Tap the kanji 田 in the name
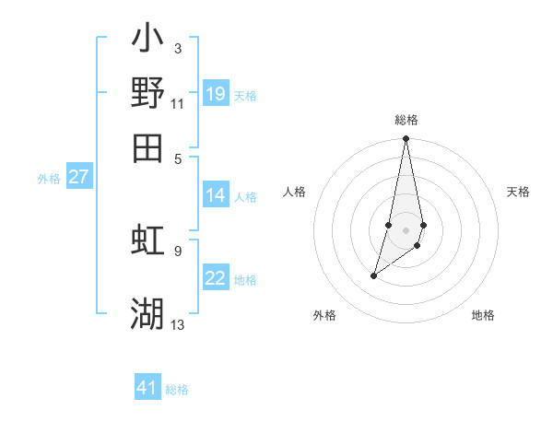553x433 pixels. coord(147,147)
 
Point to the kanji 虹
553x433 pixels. coord(147,240)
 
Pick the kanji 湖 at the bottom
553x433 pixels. coord(147,313)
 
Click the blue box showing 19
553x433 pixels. coord(216,94)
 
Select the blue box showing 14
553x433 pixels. coord(216,195)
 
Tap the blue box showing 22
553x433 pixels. coord(216,278)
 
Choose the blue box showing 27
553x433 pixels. coord(79,177)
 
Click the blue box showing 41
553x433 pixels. coord(147,388)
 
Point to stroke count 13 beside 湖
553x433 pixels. coord(178,324)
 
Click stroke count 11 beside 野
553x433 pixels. coord(178,103)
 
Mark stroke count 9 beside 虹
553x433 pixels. coord(178,250)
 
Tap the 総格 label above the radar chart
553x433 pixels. coord(406,120)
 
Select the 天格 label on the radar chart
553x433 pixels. coord(518,192)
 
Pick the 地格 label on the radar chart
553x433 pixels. coord(483,315)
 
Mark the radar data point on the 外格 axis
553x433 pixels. coord(373,275)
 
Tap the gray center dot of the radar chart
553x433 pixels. coord(406,229)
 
